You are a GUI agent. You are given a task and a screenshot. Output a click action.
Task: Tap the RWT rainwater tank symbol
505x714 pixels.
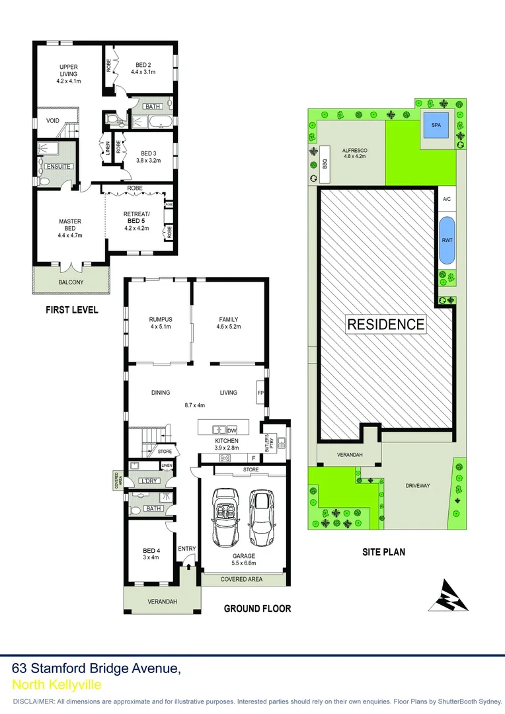coord(446,241)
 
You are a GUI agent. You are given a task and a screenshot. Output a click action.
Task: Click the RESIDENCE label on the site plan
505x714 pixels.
coord(386,324)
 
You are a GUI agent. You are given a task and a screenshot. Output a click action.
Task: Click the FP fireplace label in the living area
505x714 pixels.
coord(260,393)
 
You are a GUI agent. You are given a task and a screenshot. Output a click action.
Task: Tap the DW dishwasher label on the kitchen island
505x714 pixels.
coord(232,429)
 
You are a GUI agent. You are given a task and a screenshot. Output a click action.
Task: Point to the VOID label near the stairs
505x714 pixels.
coord(52,120)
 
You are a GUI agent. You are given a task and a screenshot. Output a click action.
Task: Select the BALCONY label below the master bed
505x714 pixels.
coord(71,282)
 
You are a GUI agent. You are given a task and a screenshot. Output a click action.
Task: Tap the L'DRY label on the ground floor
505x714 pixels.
coord(148,481)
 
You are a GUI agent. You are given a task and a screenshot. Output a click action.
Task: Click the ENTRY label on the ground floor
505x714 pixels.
coord(187,549)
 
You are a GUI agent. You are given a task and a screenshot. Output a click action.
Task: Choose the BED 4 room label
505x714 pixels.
coord(151,554)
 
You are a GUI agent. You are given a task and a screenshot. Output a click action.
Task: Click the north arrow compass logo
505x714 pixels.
coord(447,595)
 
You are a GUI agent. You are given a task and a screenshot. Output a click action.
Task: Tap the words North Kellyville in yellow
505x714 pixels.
coord(56,685)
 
